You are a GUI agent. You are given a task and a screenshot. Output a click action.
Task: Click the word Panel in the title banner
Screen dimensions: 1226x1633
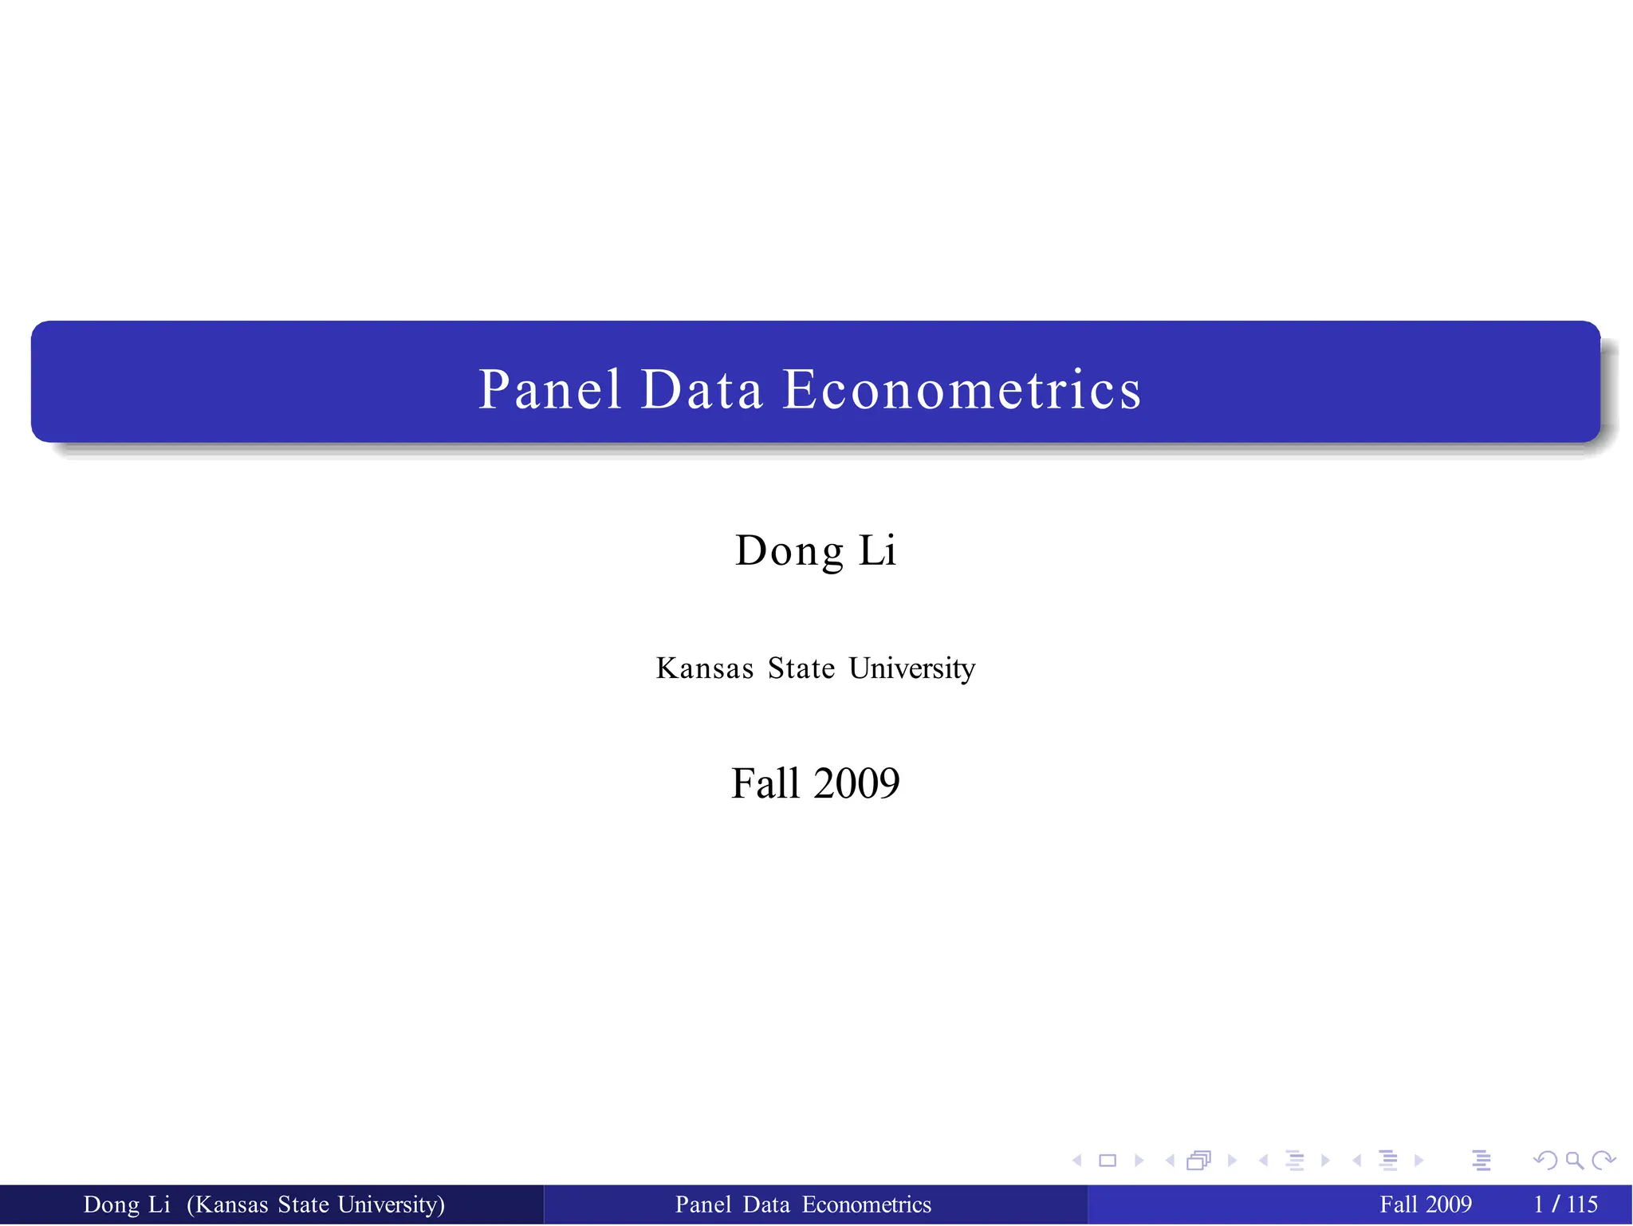pos(549,390)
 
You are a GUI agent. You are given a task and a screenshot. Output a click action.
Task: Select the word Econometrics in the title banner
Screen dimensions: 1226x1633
pos(962,390)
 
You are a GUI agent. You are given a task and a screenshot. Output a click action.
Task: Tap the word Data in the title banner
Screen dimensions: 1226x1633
pos(702,390)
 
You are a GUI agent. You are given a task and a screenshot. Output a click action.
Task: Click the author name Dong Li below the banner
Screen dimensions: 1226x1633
pos(816,550)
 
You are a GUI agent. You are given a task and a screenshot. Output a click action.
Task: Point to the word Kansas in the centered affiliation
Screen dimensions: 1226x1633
pos(705,668)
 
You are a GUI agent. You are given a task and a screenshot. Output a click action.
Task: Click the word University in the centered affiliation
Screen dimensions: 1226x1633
pos(911,668)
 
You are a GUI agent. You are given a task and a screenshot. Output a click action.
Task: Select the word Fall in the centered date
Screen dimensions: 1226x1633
pos(765,783)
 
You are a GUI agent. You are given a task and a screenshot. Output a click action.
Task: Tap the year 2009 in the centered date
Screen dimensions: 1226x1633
pos(856,783)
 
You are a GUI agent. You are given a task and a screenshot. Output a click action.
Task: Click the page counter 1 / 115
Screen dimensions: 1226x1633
pos(1566,1204)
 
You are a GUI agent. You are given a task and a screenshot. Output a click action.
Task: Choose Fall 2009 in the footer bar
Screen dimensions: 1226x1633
pos(1426,1204)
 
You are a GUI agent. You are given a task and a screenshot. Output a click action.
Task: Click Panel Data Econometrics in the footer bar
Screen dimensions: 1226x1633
pos(803,1204)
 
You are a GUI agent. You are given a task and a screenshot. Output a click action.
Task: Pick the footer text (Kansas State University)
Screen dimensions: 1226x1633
pos(316,1204)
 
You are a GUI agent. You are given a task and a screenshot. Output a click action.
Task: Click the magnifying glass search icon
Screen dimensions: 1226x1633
pos(1574,1161)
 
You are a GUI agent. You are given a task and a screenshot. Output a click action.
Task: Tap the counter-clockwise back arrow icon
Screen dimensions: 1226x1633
pos(1545,1161)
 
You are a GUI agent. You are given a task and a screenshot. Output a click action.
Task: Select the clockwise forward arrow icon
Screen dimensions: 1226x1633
pos(1603,1161)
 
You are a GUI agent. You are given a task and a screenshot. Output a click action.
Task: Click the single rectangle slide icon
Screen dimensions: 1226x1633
pos(1108,1161)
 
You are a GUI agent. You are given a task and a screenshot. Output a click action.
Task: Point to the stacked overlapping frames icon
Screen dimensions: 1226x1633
pos(1198,1161)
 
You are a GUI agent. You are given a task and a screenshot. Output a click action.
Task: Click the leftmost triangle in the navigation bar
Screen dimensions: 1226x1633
pos(1077,1161)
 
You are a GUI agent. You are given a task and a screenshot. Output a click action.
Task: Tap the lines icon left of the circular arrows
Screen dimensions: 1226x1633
pos(1482,1161)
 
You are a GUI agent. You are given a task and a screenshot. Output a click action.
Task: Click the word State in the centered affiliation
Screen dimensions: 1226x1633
pos(801,668)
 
